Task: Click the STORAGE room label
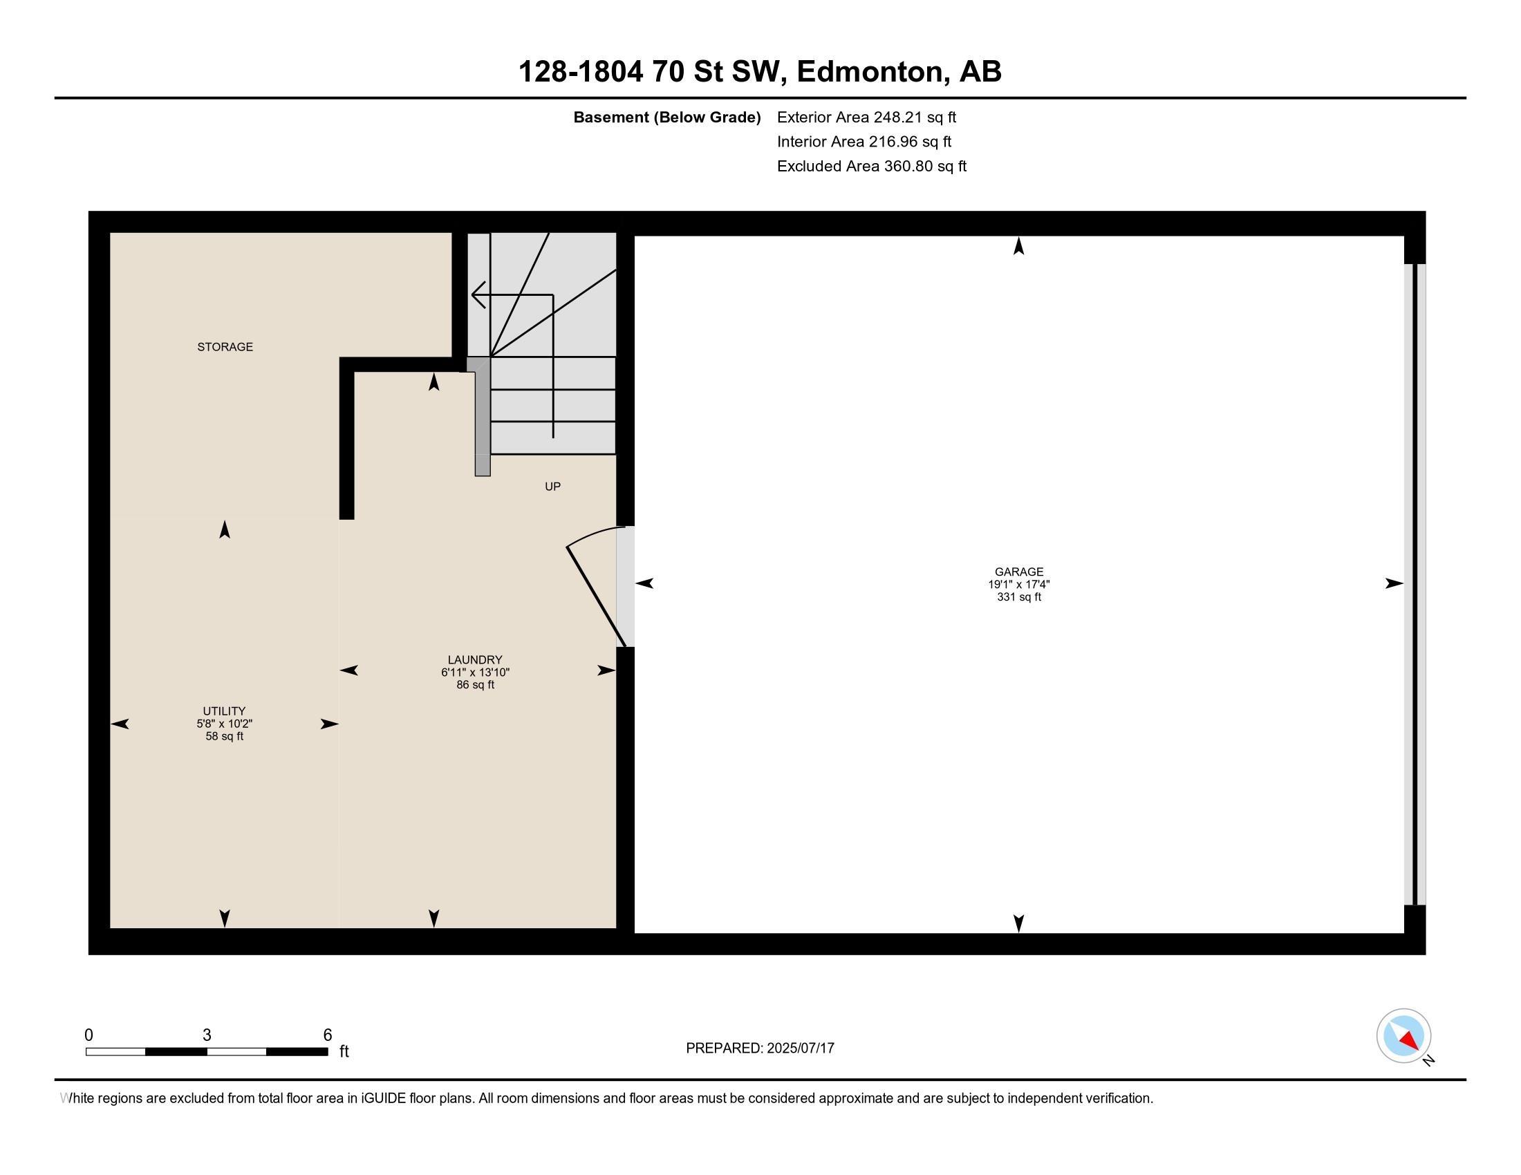tap(225, 347)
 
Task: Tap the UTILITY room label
tap(224, 711)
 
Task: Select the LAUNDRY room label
tap(475, 659)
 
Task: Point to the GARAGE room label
tap(1019, 572)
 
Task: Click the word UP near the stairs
tap(552, 487)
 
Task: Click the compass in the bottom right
tap(1403, 1036)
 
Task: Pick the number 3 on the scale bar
tap(207, 1035)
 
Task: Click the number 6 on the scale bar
tap(327, 1035)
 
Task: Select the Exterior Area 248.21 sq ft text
tap(866, 117)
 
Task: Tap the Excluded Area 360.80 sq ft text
tap(872, 166)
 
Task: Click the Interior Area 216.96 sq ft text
tap(864, 141)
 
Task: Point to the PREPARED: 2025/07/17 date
tap(760, 1048)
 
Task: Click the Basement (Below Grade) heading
tap(666, 117)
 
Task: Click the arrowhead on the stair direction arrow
tap(478, 294)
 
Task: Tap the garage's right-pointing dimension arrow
tap(1394, 583)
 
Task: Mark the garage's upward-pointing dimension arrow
tap(1019, 246)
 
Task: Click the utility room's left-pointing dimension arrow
tap(120, 724)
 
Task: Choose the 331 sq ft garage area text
tap(1019, 596)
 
